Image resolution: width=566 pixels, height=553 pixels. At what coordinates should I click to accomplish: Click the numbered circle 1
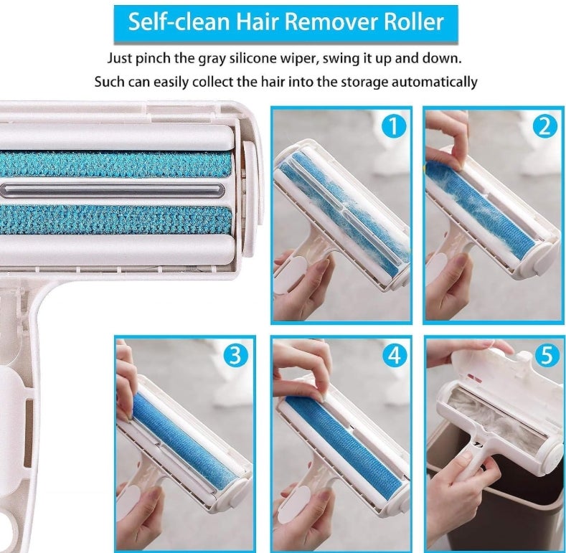point(393,126)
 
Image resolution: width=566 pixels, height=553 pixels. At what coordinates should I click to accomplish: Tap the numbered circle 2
point(545,126)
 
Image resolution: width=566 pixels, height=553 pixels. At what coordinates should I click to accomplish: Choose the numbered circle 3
point(235,355)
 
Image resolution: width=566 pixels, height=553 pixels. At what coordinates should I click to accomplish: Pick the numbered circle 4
point(395,355)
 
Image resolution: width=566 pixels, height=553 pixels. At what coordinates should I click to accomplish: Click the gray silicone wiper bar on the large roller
point(112,190)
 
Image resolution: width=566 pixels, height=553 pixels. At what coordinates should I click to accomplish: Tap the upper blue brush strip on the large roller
point(115,164)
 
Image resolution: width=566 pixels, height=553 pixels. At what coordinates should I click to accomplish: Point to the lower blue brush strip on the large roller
point(115,220)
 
